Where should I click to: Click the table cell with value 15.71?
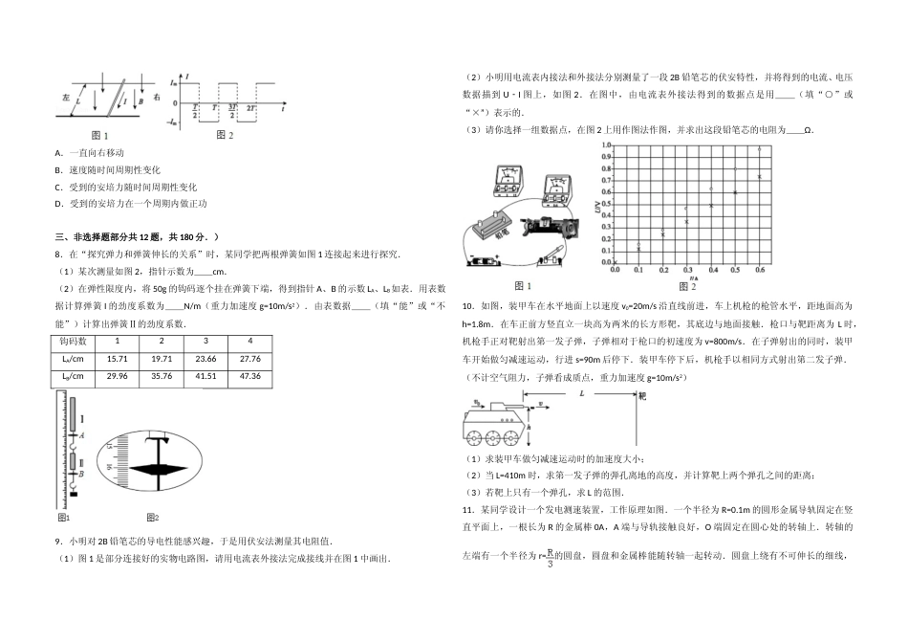118,358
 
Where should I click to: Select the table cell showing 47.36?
251,375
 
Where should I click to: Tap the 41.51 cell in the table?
205,375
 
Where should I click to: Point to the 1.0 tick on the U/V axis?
606,145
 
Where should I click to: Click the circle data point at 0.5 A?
735,169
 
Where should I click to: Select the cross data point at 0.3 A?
686,222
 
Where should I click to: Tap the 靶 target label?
642,394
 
